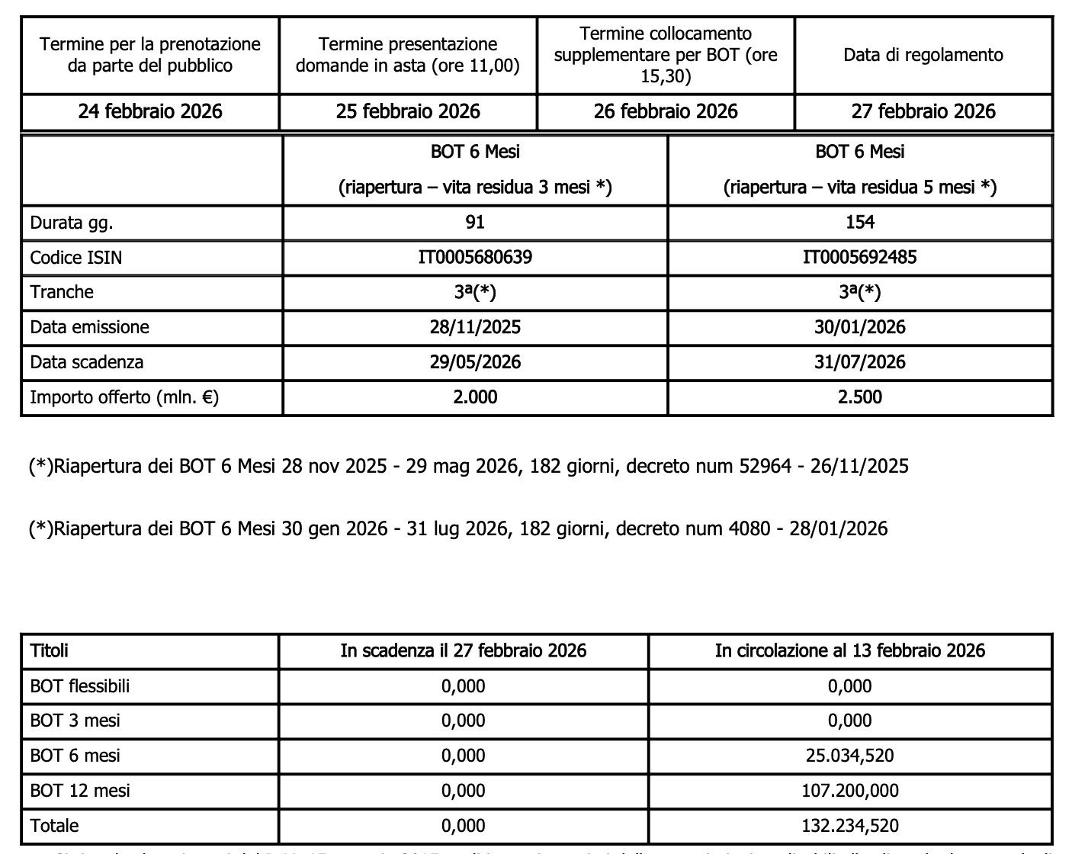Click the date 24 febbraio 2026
[150, 112]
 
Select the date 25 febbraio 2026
[408, 112]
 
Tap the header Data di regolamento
[923, 55]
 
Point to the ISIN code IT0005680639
[475, 257]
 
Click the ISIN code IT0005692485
[859, 257]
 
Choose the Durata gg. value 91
[475, 222]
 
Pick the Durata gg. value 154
[859, 222]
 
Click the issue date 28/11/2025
[475, 327]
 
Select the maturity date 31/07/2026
[859, 361]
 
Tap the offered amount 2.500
[859, 396]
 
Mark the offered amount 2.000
[475, 396]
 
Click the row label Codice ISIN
[75, 258]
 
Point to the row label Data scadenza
[86, 362]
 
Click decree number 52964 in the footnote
[765, 466]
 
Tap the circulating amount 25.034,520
[849, 756]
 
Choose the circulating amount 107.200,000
[849, 791]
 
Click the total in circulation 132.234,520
[849, 826]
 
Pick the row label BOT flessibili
[80, 686]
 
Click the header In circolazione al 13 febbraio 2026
[849, 650]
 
